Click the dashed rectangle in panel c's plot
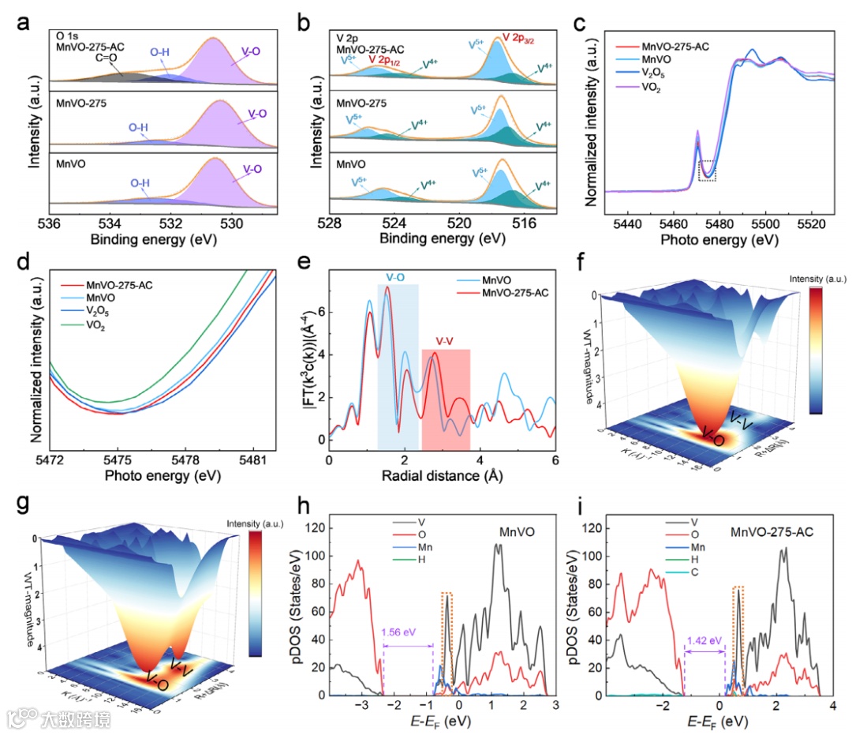pyautogui.click(x=707, y=170)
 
